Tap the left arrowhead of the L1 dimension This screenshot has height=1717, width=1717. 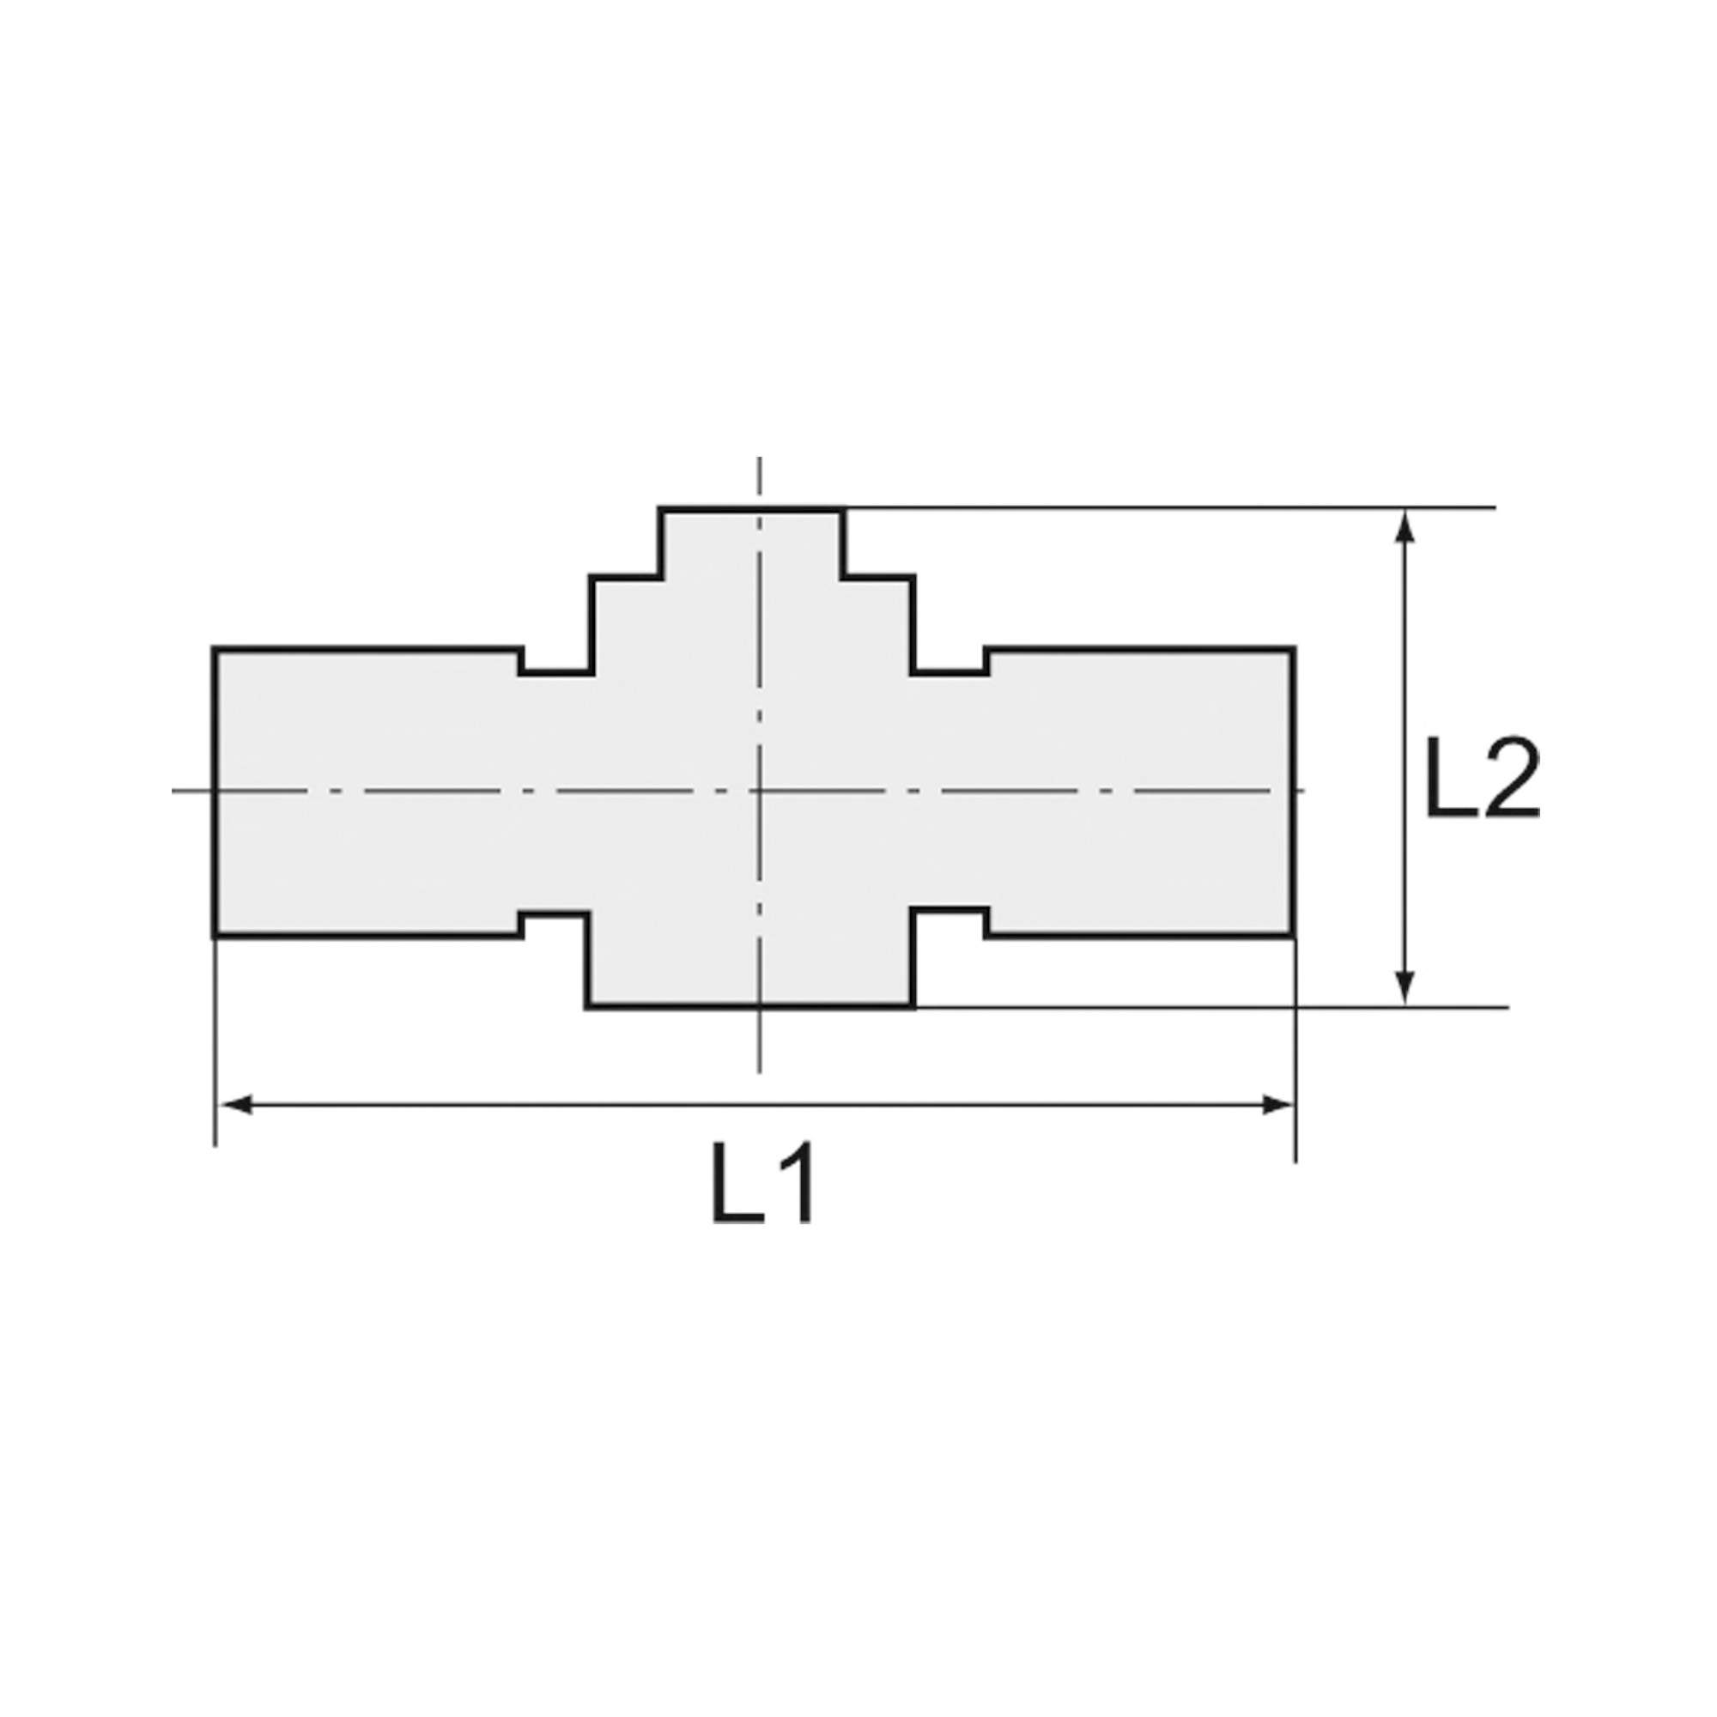click(234, 1106)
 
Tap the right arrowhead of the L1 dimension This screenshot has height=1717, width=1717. click(1277, 1106)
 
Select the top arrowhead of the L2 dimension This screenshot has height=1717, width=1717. click(1405, 526)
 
